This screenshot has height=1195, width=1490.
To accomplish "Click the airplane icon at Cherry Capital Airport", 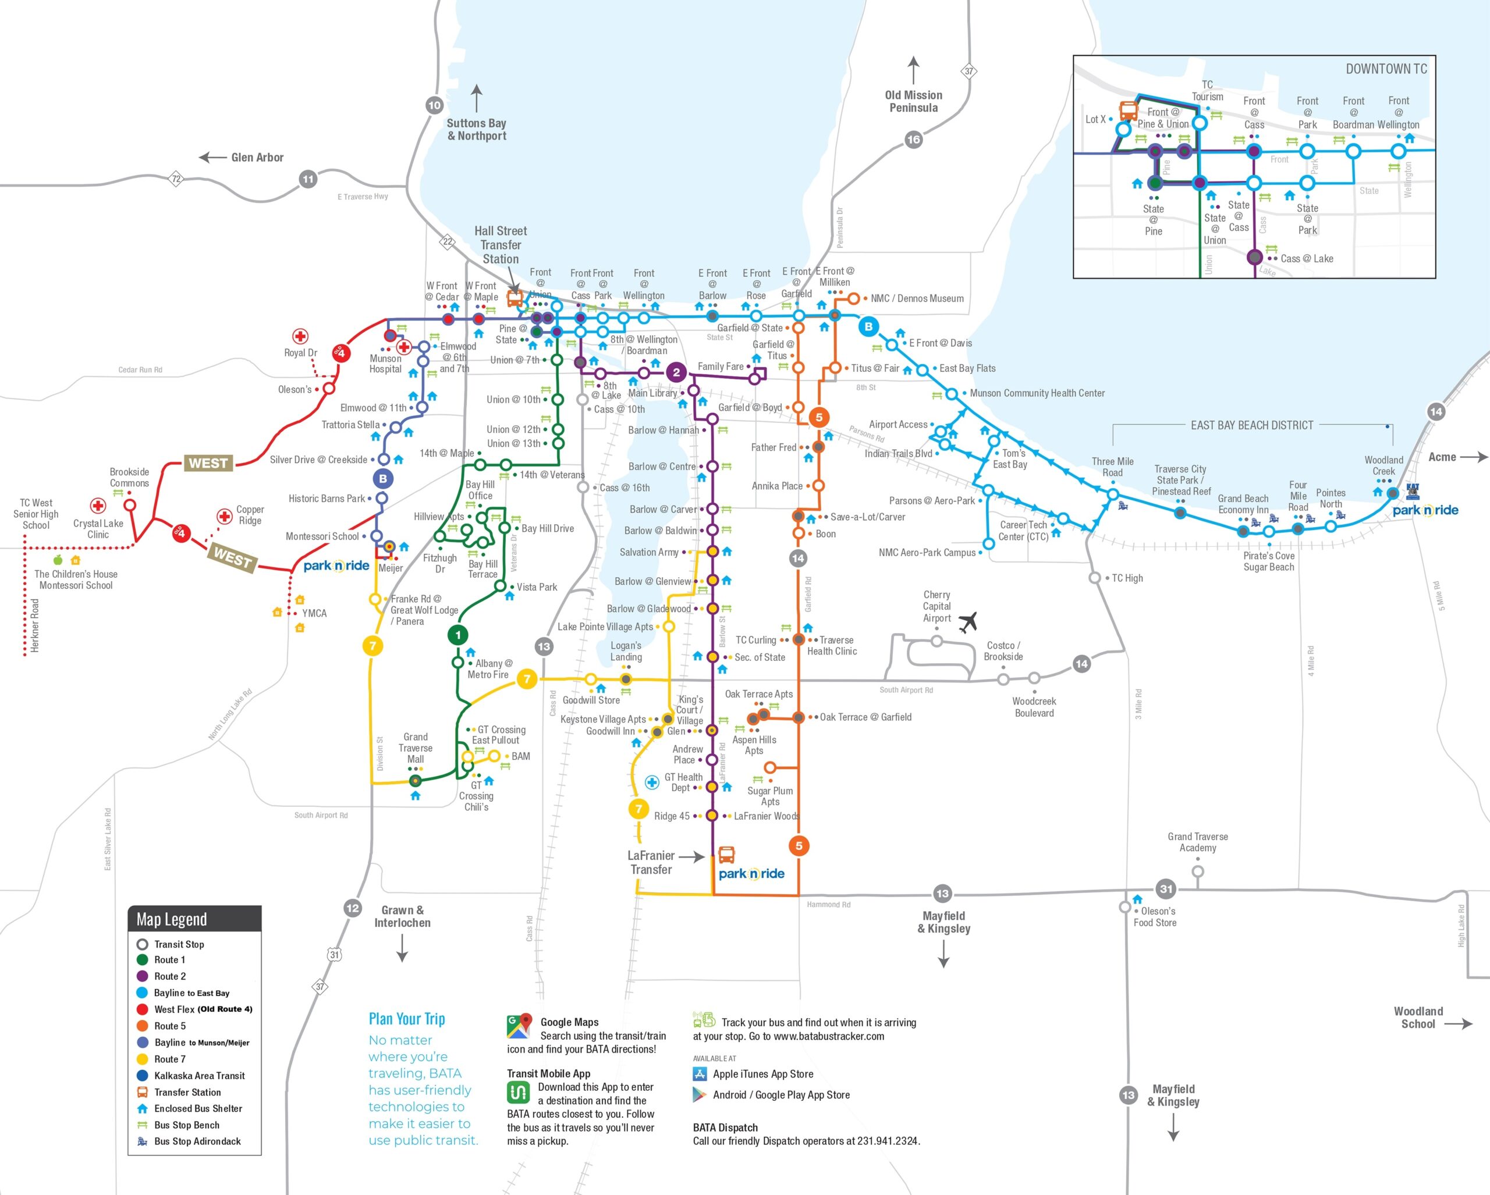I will click(968, 622).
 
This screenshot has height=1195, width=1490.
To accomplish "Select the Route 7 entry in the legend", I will click(169, 1059).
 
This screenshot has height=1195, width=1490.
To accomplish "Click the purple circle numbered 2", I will click(676, 372).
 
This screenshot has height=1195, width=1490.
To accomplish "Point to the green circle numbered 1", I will click(457, 635).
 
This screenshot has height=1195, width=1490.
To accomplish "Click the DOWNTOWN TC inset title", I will click(1386, 69).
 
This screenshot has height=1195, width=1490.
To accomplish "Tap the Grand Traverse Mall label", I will click(416, 748).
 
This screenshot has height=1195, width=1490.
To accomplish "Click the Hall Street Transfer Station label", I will click(501, 245).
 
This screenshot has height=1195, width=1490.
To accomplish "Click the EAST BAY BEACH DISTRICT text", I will click(1251, 425).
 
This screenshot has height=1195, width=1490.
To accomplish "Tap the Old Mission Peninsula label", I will click(913, 102).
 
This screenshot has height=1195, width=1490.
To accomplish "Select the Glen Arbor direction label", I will click(257, 158).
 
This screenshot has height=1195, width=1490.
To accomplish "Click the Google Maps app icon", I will click(519, 1026).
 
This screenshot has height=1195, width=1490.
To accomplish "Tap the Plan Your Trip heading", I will click(406, 1019).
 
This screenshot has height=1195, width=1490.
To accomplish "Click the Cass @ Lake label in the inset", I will click(1306, 258).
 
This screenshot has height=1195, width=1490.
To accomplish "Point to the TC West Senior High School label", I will click(36, 514).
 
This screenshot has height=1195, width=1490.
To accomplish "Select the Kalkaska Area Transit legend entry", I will click(199, 1076).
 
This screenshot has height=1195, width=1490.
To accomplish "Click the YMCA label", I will click(314, 613).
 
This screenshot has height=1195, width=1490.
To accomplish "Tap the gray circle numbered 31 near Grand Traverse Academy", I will click(1166, 889).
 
